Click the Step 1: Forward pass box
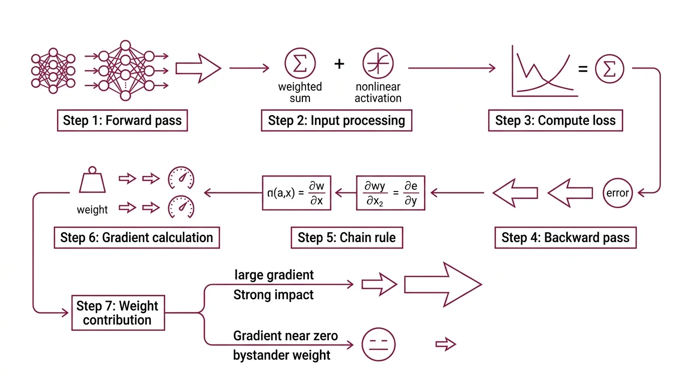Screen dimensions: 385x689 tap(122, 121)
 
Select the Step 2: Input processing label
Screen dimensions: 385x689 tap(336, 121)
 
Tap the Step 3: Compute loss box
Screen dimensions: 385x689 tap(555, 121)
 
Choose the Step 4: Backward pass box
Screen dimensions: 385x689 tap(565, 238)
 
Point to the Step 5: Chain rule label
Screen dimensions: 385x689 tap(347, 238)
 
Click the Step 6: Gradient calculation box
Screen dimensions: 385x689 tap(137, 238)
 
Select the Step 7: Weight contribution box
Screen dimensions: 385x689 tap(118, 313)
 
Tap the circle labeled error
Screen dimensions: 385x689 tap(617, 193)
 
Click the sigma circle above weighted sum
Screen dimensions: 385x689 tap(300, 64)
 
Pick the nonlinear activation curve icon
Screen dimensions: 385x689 tap(378, 64)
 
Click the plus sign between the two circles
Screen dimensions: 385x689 tap(339, 64)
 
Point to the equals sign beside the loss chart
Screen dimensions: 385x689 tap(583, 69)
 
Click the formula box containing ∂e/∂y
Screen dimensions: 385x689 tap(391, 192)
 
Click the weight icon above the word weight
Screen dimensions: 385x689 tap(92, 181)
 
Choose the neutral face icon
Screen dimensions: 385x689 tap(379, 345)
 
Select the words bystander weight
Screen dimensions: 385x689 tap(282, 355)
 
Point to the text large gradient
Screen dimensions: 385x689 tap(274, 275)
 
